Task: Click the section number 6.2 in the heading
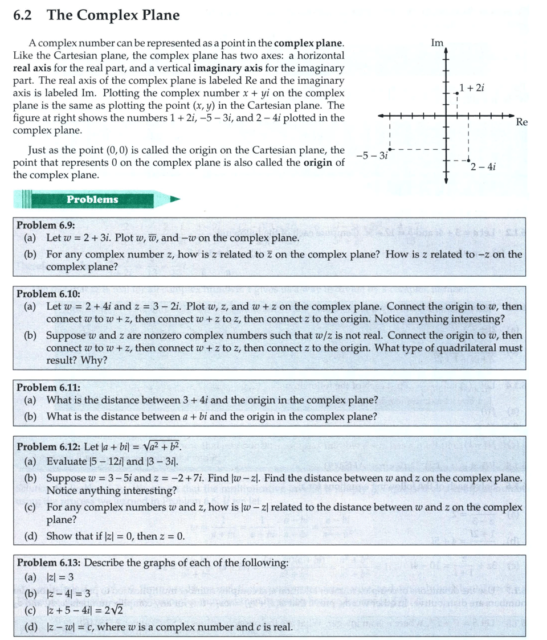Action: point(25,15)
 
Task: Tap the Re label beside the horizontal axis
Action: point(522,121)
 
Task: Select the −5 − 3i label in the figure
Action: point(372,155)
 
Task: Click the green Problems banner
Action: point(92,199)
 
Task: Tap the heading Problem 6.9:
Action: point(46,225)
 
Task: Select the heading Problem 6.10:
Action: point(48,294)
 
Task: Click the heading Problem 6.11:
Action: point(48,388)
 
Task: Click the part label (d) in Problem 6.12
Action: point(31,536)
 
